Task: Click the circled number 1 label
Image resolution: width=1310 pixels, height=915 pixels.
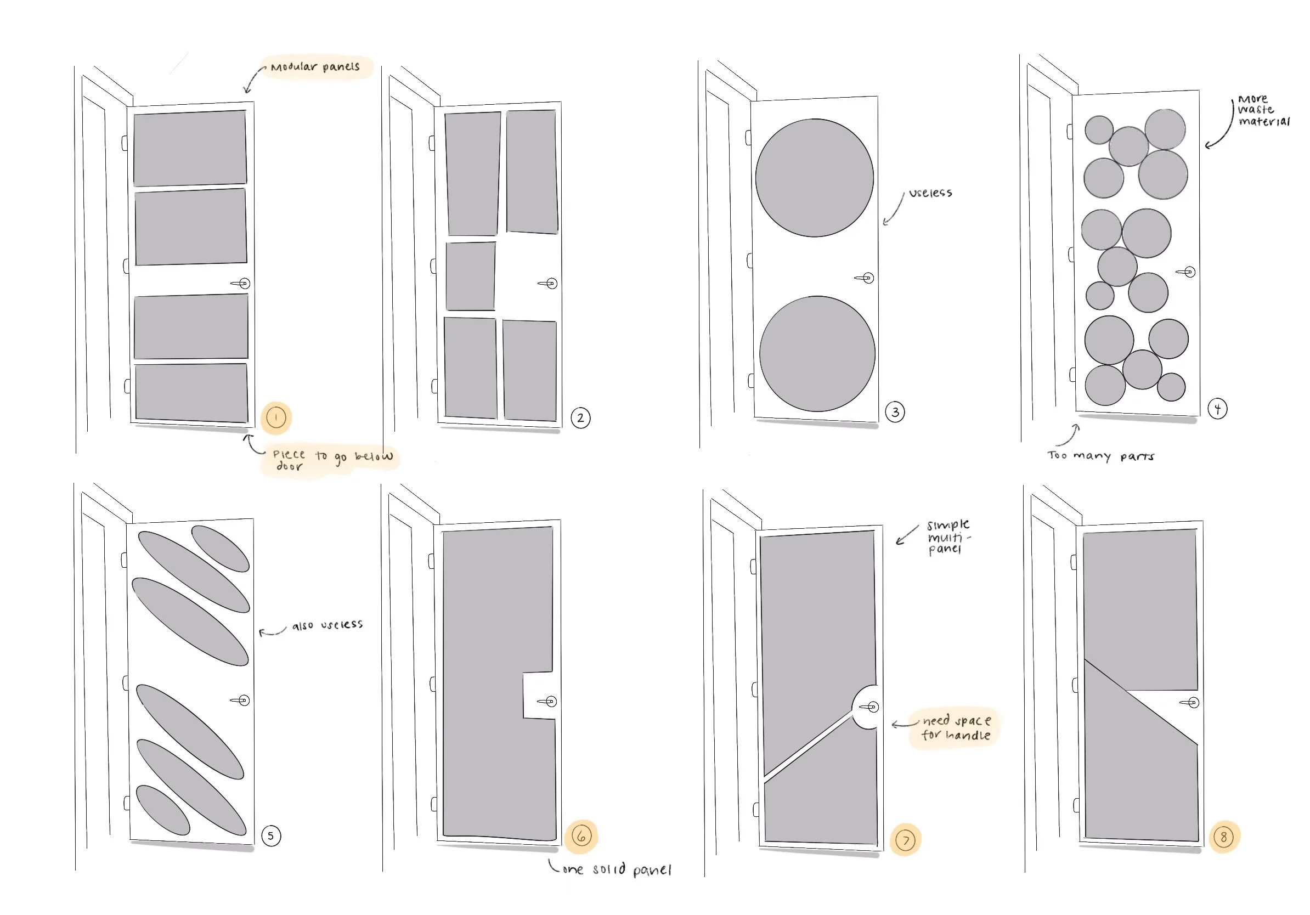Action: click(276, 417)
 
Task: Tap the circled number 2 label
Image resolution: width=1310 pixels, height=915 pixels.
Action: click(580, 418)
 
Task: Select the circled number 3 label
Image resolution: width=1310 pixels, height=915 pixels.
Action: click(895, 412)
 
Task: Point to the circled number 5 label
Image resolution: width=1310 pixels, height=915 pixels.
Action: click(271, 835)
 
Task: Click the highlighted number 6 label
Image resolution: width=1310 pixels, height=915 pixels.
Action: click(581, 836)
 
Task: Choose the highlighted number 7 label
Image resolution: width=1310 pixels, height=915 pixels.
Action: click(906, 840)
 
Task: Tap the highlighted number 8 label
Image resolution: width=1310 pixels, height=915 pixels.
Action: click(1223, 837)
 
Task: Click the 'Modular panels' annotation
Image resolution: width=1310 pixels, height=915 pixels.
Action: click(315, 67)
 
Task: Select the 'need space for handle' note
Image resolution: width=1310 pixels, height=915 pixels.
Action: click(956, 727)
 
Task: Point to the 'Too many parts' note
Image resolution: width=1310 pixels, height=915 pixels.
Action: click(1100, 456)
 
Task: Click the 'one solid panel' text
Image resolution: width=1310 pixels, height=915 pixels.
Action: click(617, 869)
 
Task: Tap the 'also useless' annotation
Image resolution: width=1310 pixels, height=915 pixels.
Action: click(327, 625)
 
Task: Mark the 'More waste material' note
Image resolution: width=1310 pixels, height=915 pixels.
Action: click(1263, 110)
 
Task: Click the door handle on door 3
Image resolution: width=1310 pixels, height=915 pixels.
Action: click(865, 278)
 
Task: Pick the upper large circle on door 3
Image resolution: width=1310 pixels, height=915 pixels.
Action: click(814, 177)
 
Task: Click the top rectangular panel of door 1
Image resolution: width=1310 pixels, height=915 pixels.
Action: click(190, 148)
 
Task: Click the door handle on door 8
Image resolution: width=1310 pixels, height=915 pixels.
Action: click(1190, 702)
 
